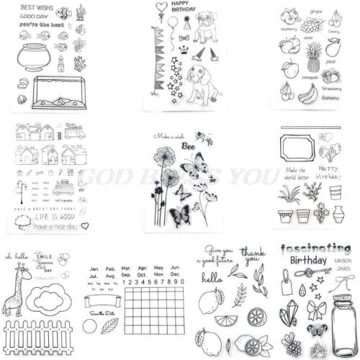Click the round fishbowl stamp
point(33,58)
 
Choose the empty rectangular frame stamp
point(297,154)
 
